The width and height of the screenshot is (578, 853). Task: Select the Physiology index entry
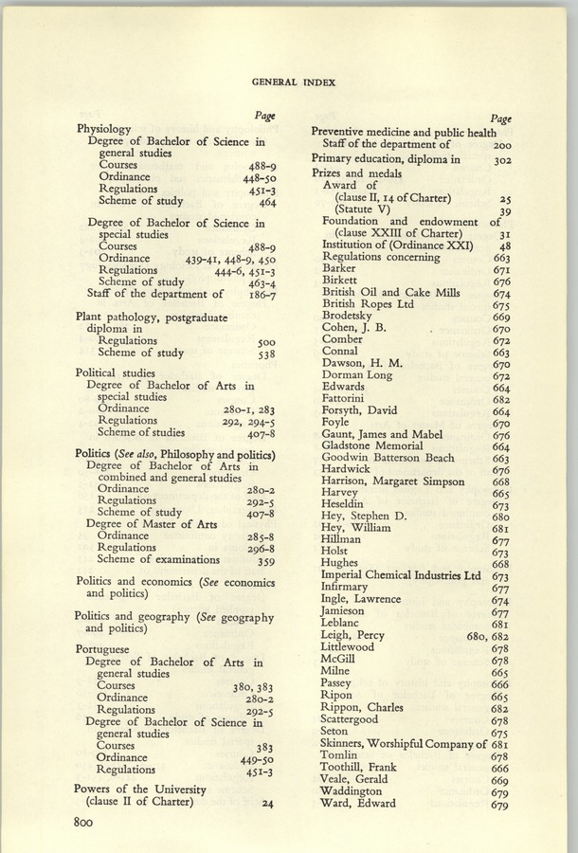(x=103, y=129)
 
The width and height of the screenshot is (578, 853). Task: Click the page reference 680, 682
(x=489, y=636)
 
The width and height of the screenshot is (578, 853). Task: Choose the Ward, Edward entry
(x=358, y=804)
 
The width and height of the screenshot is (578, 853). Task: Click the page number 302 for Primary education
(x=502, y=161)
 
